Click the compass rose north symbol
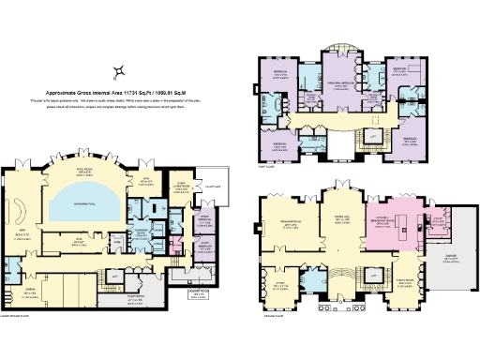(x=119, y=71)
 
